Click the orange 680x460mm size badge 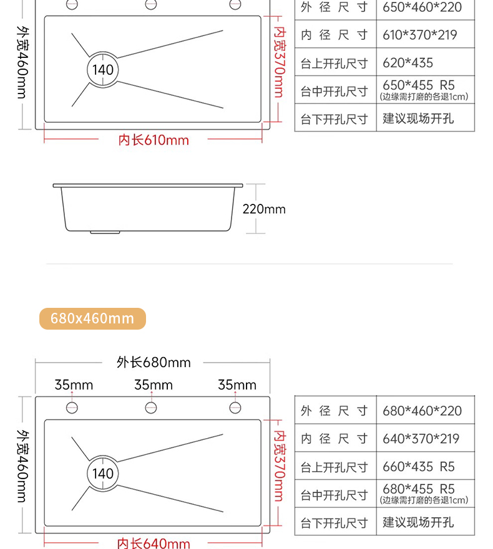point(92,318)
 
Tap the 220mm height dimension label point(264,209)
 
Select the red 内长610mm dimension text point(154,140)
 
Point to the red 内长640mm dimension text point(154,543)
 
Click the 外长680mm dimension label point(154,362)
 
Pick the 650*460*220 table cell point(422,8)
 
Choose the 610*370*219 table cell point(420,35)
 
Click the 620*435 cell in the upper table point(408,63)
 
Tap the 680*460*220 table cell point(422,411)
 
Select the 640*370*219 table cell point(420,439)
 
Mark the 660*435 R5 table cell point(418,467)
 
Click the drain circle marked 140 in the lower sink point(103,474)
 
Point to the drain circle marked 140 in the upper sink point(103,69)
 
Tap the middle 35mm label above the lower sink point(154,385)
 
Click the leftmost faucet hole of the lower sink point(72,408)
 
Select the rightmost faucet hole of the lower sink point(235,408)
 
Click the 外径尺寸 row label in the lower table point(334,411)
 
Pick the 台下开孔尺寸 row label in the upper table point(334,118)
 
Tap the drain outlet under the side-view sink point(105,232)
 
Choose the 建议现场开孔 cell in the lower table point(418,522)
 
